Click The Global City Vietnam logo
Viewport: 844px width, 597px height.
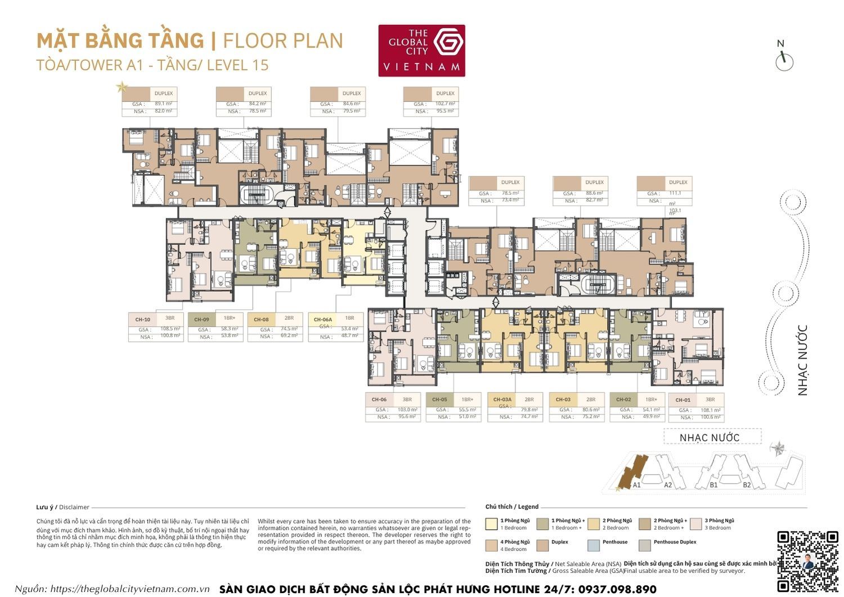[421, 50]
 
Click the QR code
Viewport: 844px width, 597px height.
[807, 560]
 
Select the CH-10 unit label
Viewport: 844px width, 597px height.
[143, 319]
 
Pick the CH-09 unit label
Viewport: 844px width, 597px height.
[201, 319]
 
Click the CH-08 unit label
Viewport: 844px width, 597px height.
[261, 319]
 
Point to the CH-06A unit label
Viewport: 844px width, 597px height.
[323, 319]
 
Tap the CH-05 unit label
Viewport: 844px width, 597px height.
[439, 399]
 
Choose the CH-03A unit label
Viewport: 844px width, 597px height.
[502, 399]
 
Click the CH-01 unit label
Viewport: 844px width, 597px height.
[683, 400]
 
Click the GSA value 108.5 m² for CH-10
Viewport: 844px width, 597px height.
[170, 329]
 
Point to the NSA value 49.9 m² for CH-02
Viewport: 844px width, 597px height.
[651, 417]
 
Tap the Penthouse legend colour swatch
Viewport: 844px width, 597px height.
[593, 545]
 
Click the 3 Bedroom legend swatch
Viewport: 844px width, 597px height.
[695, 524]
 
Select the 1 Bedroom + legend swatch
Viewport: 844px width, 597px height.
[542, 524]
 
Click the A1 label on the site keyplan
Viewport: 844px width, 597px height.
[636, 485]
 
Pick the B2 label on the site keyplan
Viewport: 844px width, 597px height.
[747, 485]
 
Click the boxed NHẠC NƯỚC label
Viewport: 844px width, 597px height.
[710, 438]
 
